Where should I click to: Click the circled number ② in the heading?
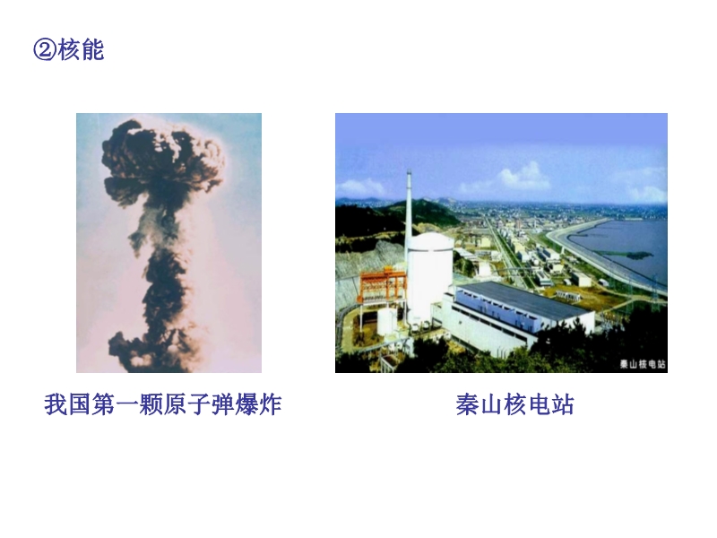click(x=45, y=49)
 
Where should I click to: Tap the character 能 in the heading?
click(x=93, y=49)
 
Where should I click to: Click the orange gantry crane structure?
click(x=384, y=287)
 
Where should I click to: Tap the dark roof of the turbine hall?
click(x=523, y=299)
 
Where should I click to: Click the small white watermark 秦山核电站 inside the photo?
click(x=643, y=364)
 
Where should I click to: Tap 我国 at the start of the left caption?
click(x=68, y=404)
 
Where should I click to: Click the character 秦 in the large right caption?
click(x=467, y=404)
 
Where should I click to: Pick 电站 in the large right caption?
click(x=550, y=404)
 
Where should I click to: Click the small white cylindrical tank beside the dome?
click(x=387, y=322)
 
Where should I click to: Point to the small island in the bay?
click(x=634, y=255)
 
